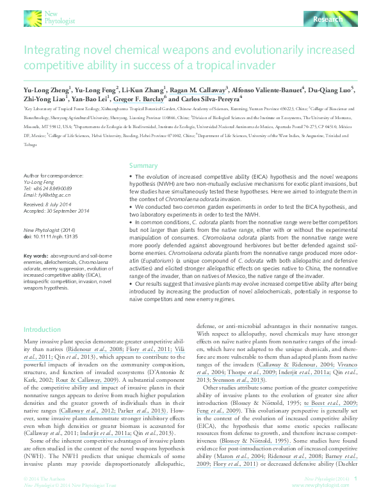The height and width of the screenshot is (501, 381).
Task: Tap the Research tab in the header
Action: [x=328, y=21]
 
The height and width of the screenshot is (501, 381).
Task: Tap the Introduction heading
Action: [x=42, y=329]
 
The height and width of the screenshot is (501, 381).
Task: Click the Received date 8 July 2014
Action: [x=49, y=204]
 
